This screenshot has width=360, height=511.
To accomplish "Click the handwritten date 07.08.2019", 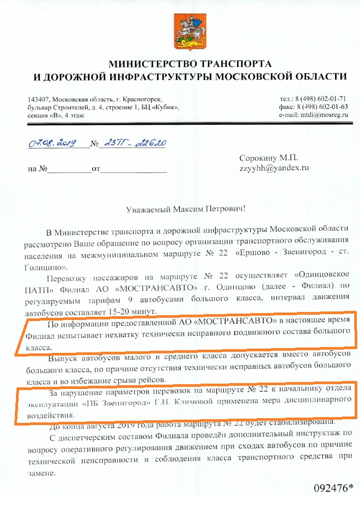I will pyautogui.click(x=51, y=143).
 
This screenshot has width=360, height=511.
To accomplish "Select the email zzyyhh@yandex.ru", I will pyautogui.click(x=274, y=168).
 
